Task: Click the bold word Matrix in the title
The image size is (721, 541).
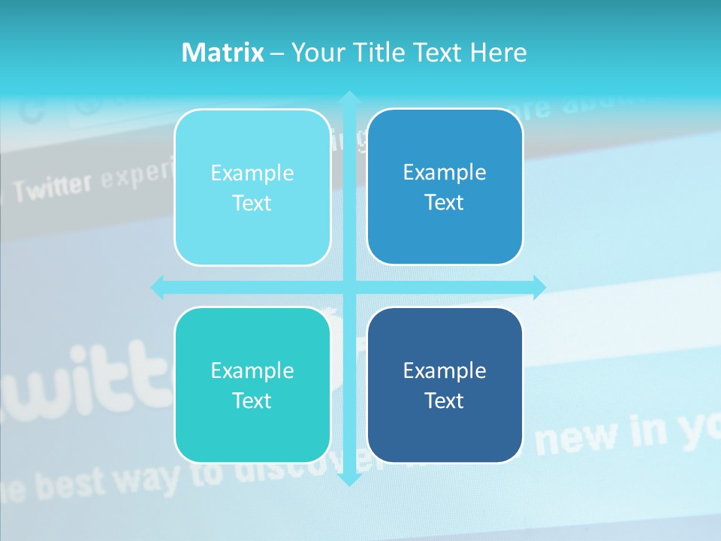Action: pos(222,53)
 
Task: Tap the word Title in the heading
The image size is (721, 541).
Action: pos(381,53)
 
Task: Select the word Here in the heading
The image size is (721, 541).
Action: pos(498,53)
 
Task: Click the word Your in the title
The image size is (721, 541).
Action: pos(318,53)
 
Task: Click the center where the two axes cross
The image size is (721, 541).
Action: pos(348,287)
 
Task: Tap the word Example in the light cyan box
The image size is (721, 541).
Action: pos(252,174)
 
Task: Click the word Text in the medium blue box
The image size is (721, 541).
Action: pos(445,203)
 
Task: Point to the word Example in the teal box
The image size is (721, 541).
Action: pos(252,370)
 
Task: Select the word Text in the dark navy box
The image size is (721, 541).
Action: pos(445,400)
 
